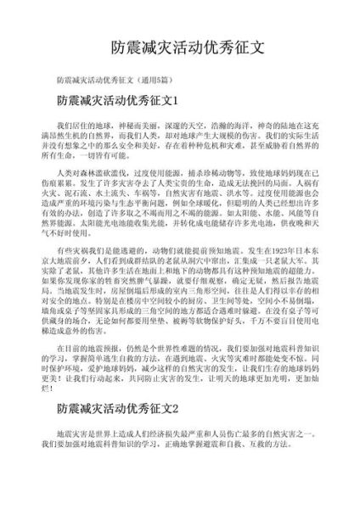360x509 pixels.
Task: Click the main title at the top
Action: pos(180,46)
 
